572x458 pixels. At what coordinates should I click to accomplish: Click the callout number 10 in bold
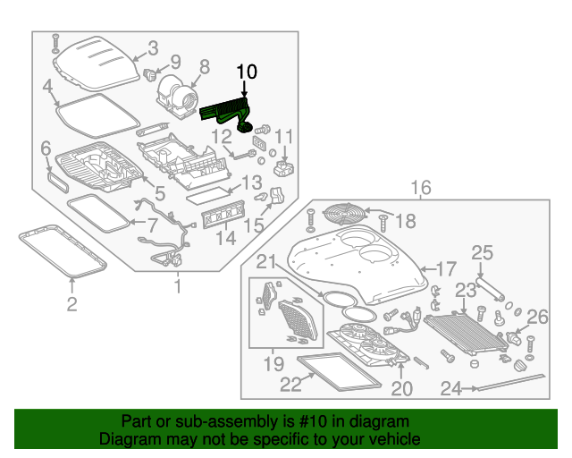[246, 71]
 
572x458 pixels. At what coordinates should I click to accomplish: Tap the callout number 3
[152, 48]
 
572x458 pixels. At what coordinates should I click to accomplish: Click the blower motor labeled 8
[175, 94]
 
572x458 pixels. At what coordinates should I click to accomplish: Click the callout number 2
[71, 305]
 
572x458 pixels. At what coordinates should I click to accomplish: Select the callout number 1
[176, 286]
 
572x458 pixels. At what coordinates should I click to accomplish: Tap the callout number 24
[452, 388]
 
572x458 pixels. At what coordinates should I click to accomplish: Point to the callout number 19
[273, 363]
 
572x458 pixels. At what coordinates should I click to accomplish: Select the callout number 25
[482, 254]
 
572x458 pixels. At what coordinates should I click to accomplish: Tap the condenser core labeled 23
[465, 332]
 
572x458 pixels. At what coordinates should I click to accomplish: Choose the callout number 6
[46, 148]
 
